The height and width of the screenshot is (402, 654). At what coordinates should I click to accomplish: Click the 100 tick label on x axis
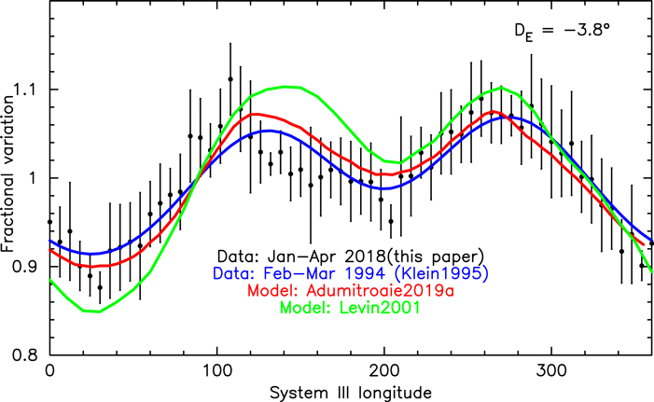[216, 371]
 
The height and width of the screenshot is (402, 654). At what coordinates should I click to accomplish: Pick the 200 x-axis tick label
[384, 371]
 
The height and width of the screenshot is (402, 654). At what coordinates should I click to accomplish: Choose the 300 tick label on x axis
[552, 371]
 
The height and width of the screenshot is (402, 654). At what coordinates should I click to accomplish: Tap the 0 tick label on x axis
[49, 371]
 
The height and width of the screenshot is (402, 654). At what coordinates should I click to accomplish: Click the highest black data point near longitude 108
[230, 79]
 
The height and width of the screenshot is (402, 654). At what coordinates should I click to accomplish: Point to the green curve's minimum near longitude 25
[90, 312]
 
